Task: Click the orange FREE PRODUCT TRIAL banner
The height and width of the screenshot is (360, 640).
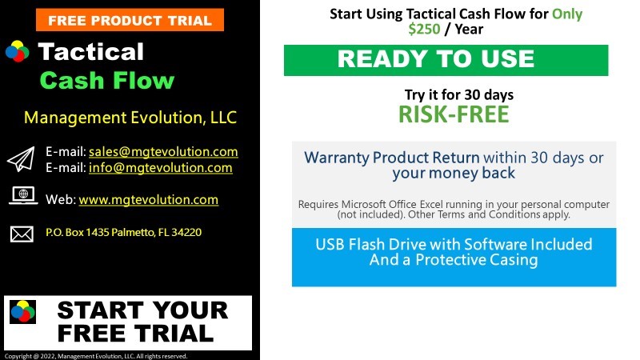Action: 130,19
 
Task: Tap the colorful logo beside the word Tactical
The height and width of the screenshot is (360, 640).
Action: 17,51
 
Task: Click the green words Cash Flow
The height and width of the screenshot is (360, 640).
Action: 107,80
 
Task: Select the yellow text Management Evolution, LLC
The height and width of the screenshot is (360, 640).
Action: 130,118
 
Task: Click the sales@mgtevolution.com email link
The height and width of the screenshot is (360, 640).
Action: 163,151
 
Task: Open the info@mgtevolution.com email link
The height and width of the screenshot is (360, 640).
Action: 161,167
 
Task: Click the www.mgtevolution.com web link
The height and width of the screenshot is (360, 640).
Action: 149,199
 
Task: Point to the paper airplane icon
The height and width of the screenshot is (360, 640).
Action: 21,159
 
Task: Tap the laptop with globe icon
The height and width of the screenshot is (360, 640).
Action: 23,195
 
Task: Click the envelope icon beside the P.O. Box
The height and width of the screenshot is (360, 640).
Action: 22,234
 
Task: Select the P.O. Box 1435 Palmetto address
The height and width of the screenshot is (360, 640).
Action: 124,232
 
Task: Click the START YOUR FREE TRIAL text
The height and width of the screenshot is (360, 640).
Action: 142,322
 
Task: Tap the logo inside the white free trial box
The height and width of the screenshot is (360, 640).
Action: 23,312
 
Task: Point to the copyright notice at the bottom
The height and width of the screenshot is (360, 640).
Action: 96,356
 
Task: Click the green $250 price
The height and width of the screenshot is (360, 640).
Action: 425,29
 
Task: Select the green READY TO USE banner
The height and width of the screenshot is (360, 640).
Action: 446,60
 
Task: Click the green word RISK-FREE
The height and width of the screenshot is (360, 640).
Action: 454,114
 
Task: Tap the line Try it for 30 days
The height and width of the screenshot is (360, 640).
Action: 459,94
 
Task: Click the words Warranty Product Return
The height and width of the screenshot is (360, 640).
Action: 392,158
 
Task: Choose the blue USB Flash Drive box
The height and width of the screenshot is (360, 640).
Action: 454,257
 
